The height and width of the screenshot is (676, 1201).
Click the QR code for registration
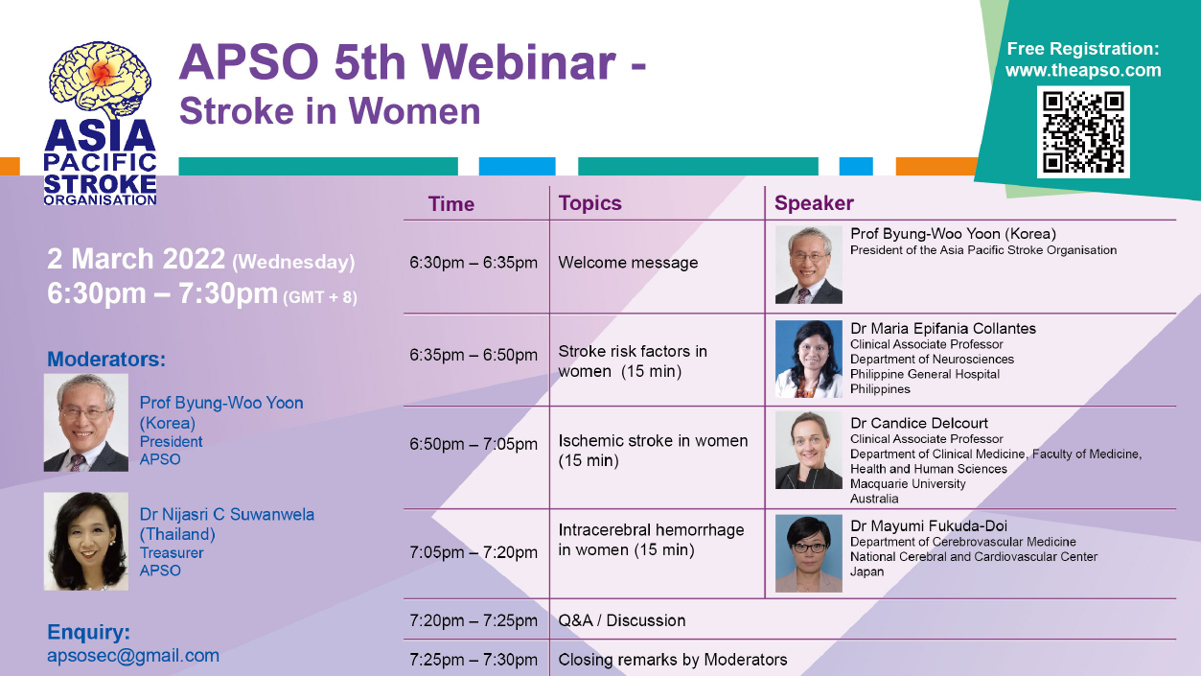click(x=1083, y=132)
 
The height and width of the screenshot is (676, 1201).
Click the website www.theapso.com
click(x=1083, y=70)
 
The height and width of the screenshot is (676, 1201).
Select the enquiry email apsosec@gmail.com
click(x=133, y=656)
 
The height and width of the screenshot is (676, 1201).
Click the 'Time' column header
click(x=450, y=204)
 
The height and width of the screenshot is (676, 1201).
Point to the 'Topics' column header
click(x=589, y=203)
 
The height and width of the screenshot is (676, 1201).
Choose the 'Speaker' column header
click(x=814, y=203)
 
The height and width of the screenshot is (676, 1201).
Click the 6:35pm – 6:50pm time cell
click(x=473, y=355)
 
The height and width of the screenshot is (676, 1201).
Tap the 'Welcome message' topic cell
click(x=628, y=263)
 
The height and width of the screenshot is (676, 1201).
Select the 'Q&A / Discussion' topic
click(x=622, y=620)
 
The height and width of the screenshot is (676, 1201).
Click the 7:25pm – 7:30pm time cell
click(x=473, y=660)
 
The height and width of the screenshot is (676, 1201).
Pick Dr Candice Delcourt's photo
click(x=809, y=450)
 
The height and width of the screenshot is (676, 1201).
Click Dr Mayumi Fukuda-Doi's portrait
click(x=809, y=553)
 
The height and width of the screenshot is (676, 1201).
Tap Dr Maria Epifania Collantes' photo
click(x=809, y=359)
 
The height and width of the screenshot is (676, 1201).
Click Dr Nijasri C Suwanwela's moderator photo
click(x=86, y=542)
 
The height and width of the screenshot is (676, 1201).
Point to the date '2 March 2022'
click(x=136, y=259)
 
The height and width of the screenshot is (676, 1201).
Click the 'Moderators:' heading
click(x=106, y=360)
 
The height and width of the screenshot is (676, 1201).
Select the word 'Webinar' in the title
click(x=519, y=62)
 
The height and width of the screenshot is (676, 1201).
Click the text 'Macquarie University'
click(x=908, y=484)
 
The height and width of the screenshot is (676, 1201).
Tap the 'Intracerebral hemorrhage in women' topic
click(x=651, y=540)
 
